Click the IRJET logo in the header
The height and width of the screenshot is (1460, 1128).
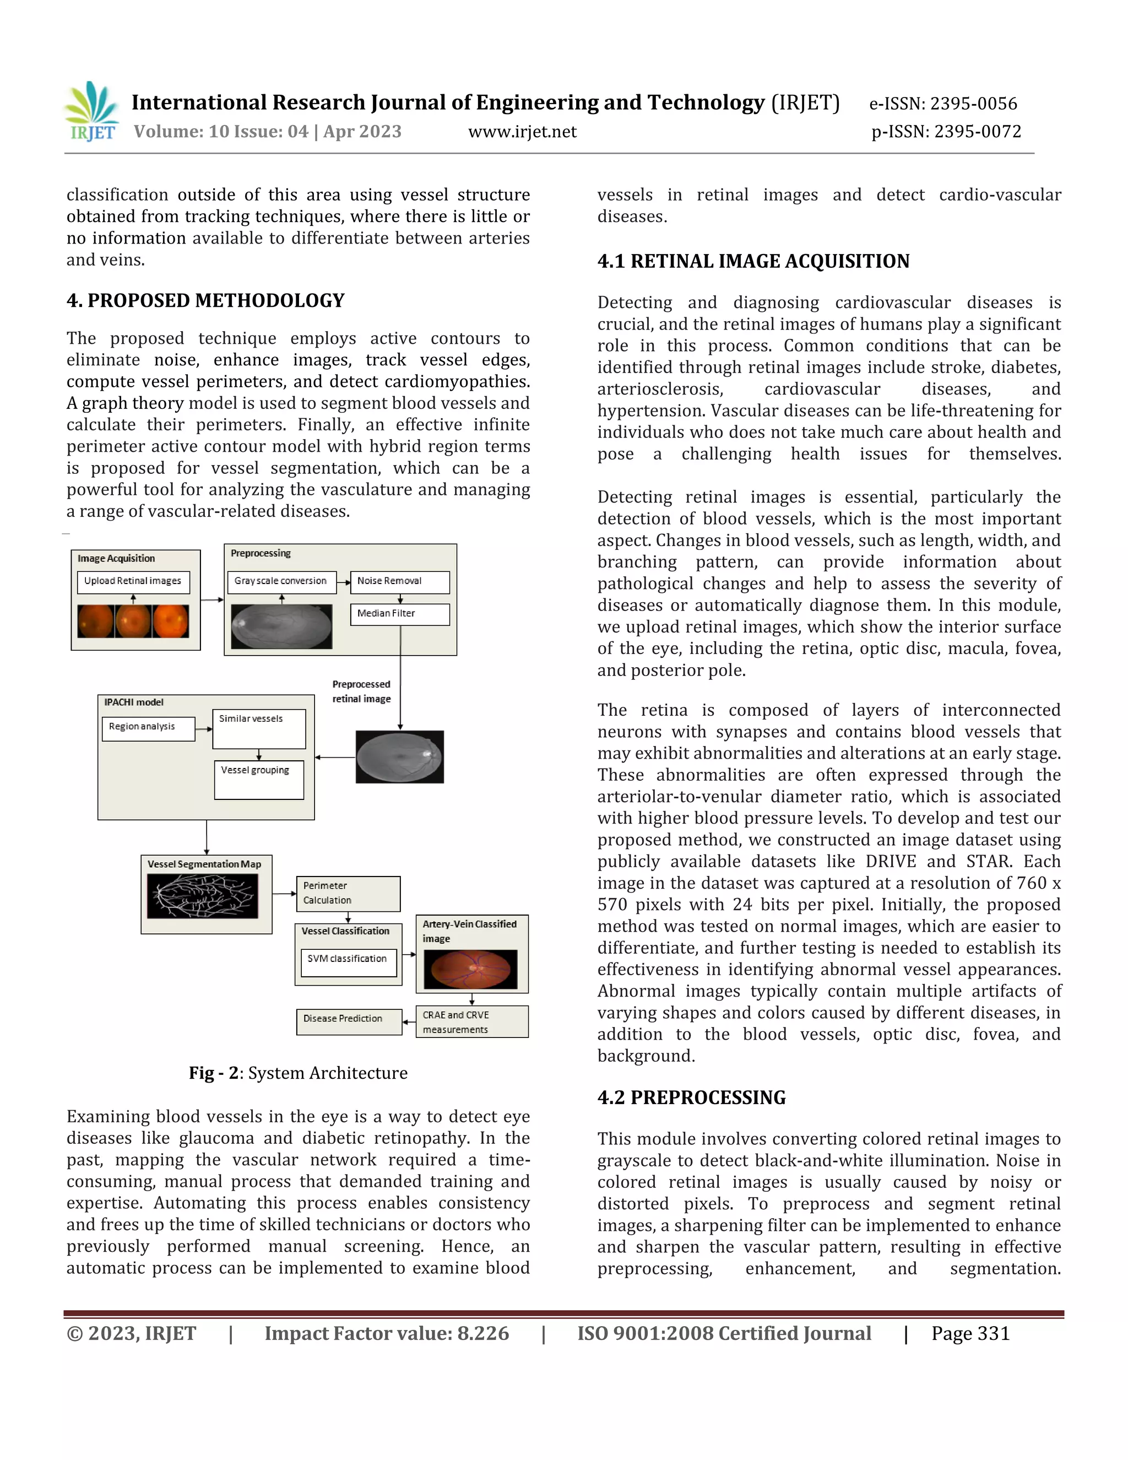click(x=92, y=112)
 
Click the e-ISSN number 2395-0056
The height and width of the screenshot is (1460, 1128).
click(x=943, y=104)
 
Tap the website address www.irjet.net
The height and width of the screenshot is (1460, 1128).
click(x=522, y=132)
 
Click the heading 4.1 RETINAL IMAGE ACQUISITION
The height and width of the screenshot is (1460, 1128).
click(x=753, y=261)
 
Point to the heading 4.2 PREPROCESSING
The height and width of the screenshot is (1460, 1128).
click(x=691, y=1097)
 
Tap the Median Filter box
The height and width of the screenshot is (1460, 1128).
click(x=400, y=614)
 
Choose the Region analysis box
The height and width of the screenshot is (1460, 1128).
click(x=148, y=727)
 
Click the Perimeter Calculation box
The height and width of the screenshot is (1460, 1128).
click(x=348, y=893)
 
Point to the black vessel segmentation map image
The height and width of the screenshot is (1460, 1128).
click(x=203, y=896)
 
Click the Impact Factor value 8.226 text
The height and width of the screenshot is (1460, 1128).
click(x=386, y=1334)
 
